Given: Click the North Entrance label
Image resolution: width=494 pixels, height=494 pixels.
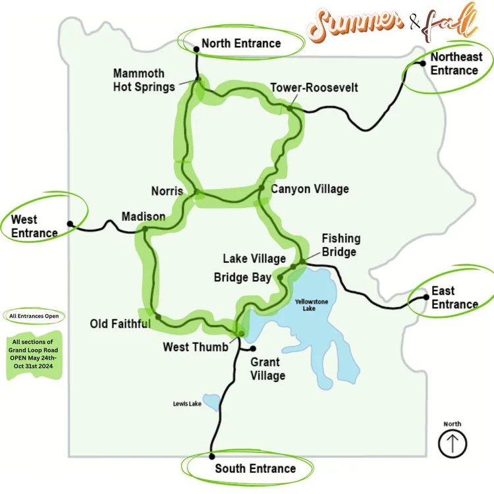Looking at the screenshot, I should tap(241, 43).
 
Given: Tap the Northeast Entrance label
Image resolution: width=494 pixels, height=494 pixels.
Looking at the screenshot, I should tap(454, 63).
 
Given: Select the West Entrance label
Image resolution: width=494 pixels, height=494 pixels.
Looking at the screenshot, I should tap(34, 226).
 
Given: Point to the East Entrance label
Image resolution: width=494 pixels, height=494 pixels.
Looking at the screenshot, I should tap(454, 298).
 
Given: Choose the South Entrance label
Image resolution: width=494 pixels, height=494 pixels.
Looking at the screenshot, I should tap(255, 468).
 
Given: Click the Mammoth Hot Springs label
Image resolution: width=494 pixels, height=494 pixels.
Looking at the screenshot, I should tap(144, 80).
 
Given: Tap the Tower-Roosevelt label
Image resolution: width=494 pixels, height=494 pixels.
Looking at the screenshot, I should tap(314, 87).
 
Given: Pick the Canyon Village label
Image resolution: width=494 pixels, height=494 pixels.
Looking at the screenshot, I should tap(310, 189).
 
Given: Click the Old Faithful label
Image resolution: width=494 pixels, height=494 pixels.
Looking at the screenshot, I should tap(120, 324).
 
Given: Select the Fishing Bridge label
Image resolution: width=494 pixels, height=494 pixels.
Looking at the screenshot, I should tap(341, 245).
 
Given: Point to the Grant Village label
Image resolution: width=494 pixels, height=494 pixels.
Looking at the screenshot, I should tap(267, 369).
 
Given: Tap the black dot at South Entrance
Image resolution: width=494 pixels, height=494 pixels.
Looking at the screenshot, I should tap(211, 456).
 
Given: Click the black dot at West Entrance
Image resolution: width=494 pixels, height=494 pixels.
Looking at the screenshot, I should tap(70, 223).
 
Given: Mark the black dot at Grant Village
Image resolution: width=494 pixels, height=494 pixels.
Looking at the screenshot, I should tap(252, 348).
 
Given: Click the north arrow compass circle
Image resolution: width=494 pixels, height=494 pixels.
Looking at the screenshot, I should tap(453, 444).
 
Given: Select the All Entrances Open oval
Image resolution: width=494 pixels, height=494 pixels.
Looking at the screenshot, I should tap(34, 316).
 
